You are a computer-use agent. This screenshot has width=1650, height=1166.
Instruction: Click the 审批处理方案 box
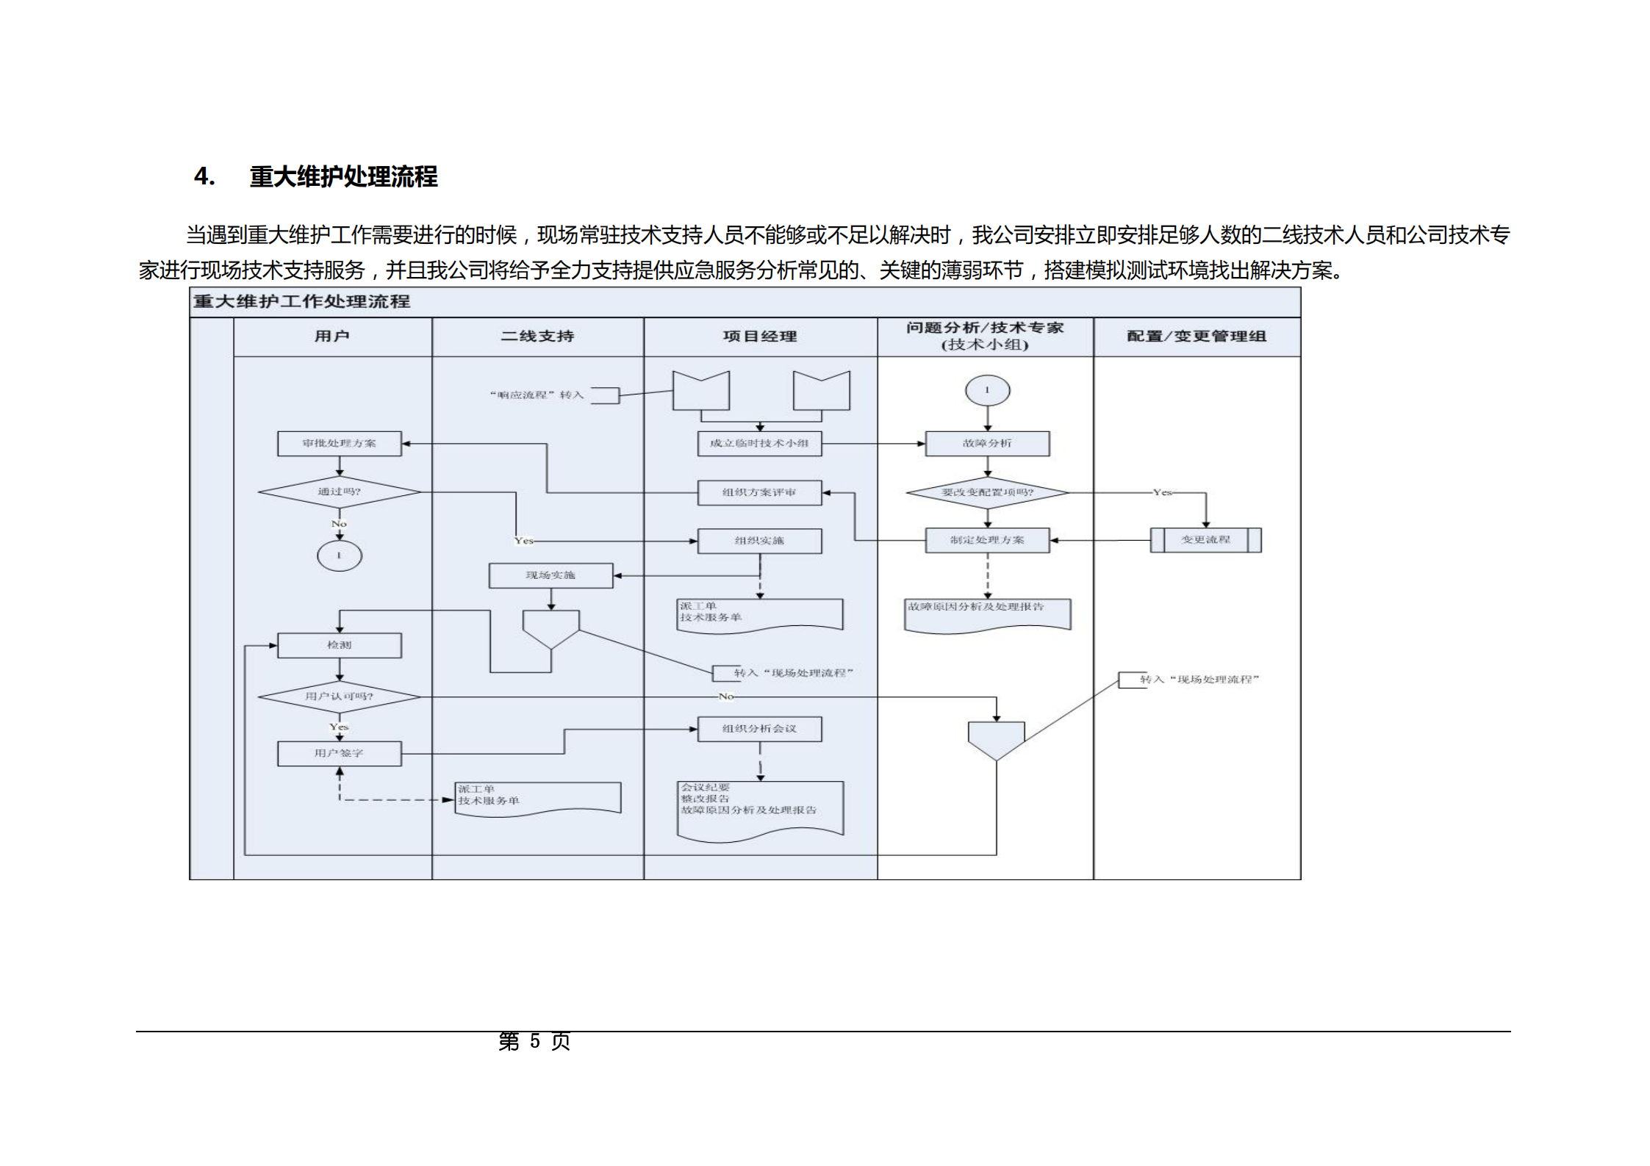pos(339,444)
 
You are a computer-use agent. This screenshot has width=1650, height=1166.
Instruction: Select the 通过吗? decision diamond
pos(339,492)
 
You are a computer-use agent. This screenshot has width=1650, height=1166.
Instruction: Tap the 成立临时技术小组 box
pos(759,444)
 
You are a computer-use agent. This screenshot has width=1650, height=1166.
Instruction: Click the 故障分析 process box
pos(987,444)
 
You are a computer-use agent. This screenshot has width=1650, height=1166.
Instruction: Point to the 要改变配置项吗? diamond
pos(987,492)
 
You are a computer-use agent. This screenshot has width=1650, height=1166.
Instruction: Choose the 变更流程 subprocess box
pos(1205,540)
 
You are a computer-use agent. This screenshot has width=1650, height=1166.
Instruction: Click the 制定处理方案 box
pos(987,540)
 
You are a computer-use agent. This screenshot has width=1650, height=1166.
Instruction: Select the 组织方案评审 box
pos(759,492)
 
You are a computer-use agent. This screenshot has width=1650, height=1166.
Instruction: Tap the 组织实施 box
pos(759,541)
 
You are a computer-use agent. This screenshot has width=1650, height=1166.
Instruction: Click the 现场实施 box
pos(550,575)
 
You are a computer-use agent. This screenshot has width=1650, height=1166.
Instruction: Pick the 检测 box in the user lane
pos(339,645)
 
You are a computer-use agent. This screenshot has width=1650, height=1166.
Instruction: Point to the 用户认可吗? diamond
pos(339,697)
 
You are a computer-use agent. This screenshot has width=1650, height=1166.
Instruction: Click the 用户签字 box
pos(339,753)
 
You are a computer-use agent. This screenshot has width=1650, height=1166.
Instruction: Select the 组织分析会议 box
pos(759,729)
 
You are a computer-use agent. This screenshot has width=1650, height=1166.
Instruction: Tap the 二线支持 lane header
pos(537,337)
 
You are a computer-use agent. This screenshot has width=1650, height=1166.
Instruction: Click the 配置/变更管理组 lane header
pos(1197,337)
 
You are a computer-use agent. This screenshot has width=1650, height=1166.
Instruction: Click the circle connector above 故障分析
pos(987,390)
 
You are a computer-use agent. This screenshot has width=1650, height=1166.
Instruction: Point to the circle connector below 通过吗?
pos(339,555)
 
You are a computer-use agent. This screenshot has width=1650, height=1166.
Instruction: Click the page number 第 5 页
pos(534,1041)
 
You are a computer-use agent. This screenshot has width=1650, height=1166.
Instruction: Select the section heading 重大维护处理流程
pos(343,177)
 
